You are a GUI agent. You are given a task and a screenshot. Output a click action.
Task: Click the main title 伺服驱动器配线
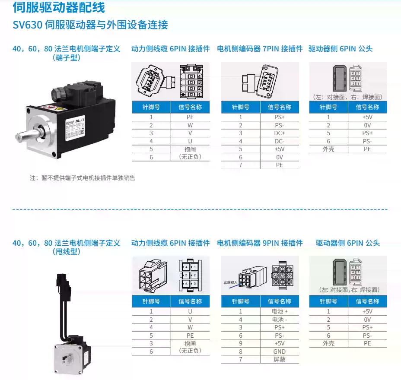coord(59,7)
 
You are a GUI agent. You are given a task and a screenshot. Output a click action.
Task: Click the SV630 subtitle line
coord(90,25)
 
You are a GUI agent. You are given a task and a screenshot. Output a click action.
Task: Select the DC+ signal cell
coord(280,133)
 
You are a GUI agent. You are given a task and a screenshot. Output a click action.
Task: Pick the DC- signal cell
coord(280,141)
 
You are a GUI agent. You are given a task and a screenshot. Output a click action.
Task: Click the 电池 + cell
coord(280,311)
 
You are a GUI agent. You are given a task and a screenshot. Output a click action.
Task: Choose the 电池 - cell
coord(280,320)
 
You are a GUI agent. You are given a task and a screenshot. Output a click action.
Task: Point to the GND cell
coord(280,351)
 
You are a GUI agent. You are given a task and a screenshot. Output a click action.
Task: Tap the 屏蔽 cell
coord(280,359)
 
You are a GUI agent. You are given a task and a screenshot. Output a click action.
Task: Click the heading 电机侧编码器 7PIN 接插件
coord(260,49)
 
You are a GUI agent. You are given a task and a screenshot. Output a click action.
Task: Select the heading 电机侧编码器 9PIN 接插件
coord(260,243)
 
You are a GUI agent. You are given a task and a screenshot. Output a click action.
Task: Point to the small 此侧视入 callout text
coord(230,283)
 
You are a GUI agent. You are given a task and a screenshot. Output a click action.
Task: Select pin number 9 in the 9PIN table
coord(241,343)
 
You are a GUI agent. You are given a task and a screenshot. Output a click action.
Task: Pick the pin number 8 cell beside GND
coord(241,351)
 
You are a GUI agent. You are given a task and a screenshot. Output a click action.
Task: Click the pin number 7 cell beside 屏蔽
coord(241,359)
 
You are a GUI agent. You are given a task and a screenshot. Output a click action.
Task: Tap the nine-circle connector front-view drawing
coord(283,275)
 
